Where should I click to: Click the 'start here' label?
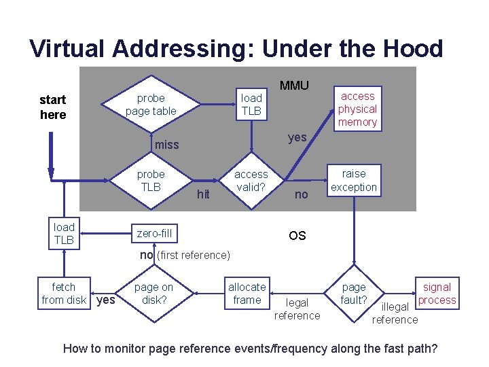[x=53, y=108]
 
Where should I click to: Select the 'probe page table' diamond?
[x=151, y=105]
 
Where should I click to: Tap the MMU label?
[x=294, y=86]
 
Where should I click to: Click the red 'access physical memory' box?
[x=357, y=109]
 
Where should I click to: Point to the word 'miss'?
[x=166, y=144]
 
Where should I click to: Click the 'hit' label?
[x=202, y=194]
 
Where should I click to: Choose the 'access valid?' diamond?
[x=251, y=181]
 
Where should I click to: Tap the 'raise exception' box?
[x=353, y=181]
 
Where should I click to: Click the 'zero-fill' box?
[x=155, y=233]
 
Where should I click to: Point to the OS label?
[x=297, y=236]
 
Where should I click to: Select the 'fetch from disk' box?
[x=64, y=294]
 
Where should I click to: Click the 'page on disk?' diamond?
[x=153, y=294]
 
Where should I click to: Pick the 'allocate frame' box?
[x=247, y=294]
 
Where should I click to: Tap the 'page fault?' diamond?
[x=353, y=294]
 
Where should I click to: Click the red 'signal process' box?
[x=437, y=294]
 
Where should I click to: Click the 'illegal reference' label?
[x=395, y=313]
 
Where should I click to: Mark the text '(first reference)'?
[x=194, y=255]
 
